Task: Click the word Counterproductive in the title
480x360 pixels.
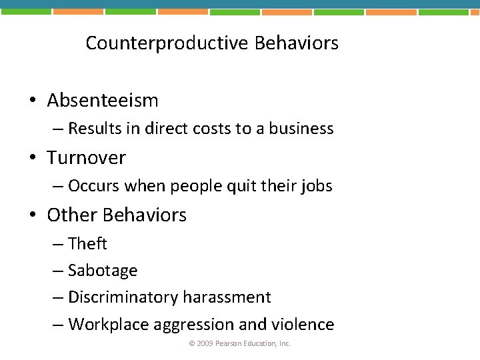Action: [167, 44]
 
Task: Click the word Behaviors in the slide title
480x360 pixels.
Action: [297, 44]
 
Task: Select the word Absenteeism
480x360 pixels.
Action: [103, 101]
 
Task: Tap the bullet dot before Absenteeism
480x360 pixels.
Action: [32, 101]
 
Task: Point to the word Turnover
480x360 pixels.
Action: [86, 158]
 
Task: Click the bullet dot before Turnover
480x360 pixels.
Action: [32, 159]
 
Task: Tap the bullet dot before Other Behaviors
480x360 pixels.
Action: [32, 216]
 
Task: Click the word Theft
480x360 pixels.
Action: [87, 244]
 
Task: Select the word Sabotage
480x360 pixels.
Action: [103, 271]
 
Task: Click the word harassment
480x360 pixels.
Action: [231, 297]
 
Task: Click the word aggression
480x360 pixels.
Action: [193, 325]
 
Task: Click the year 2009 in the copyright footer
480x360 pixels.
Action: [205, 344]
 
